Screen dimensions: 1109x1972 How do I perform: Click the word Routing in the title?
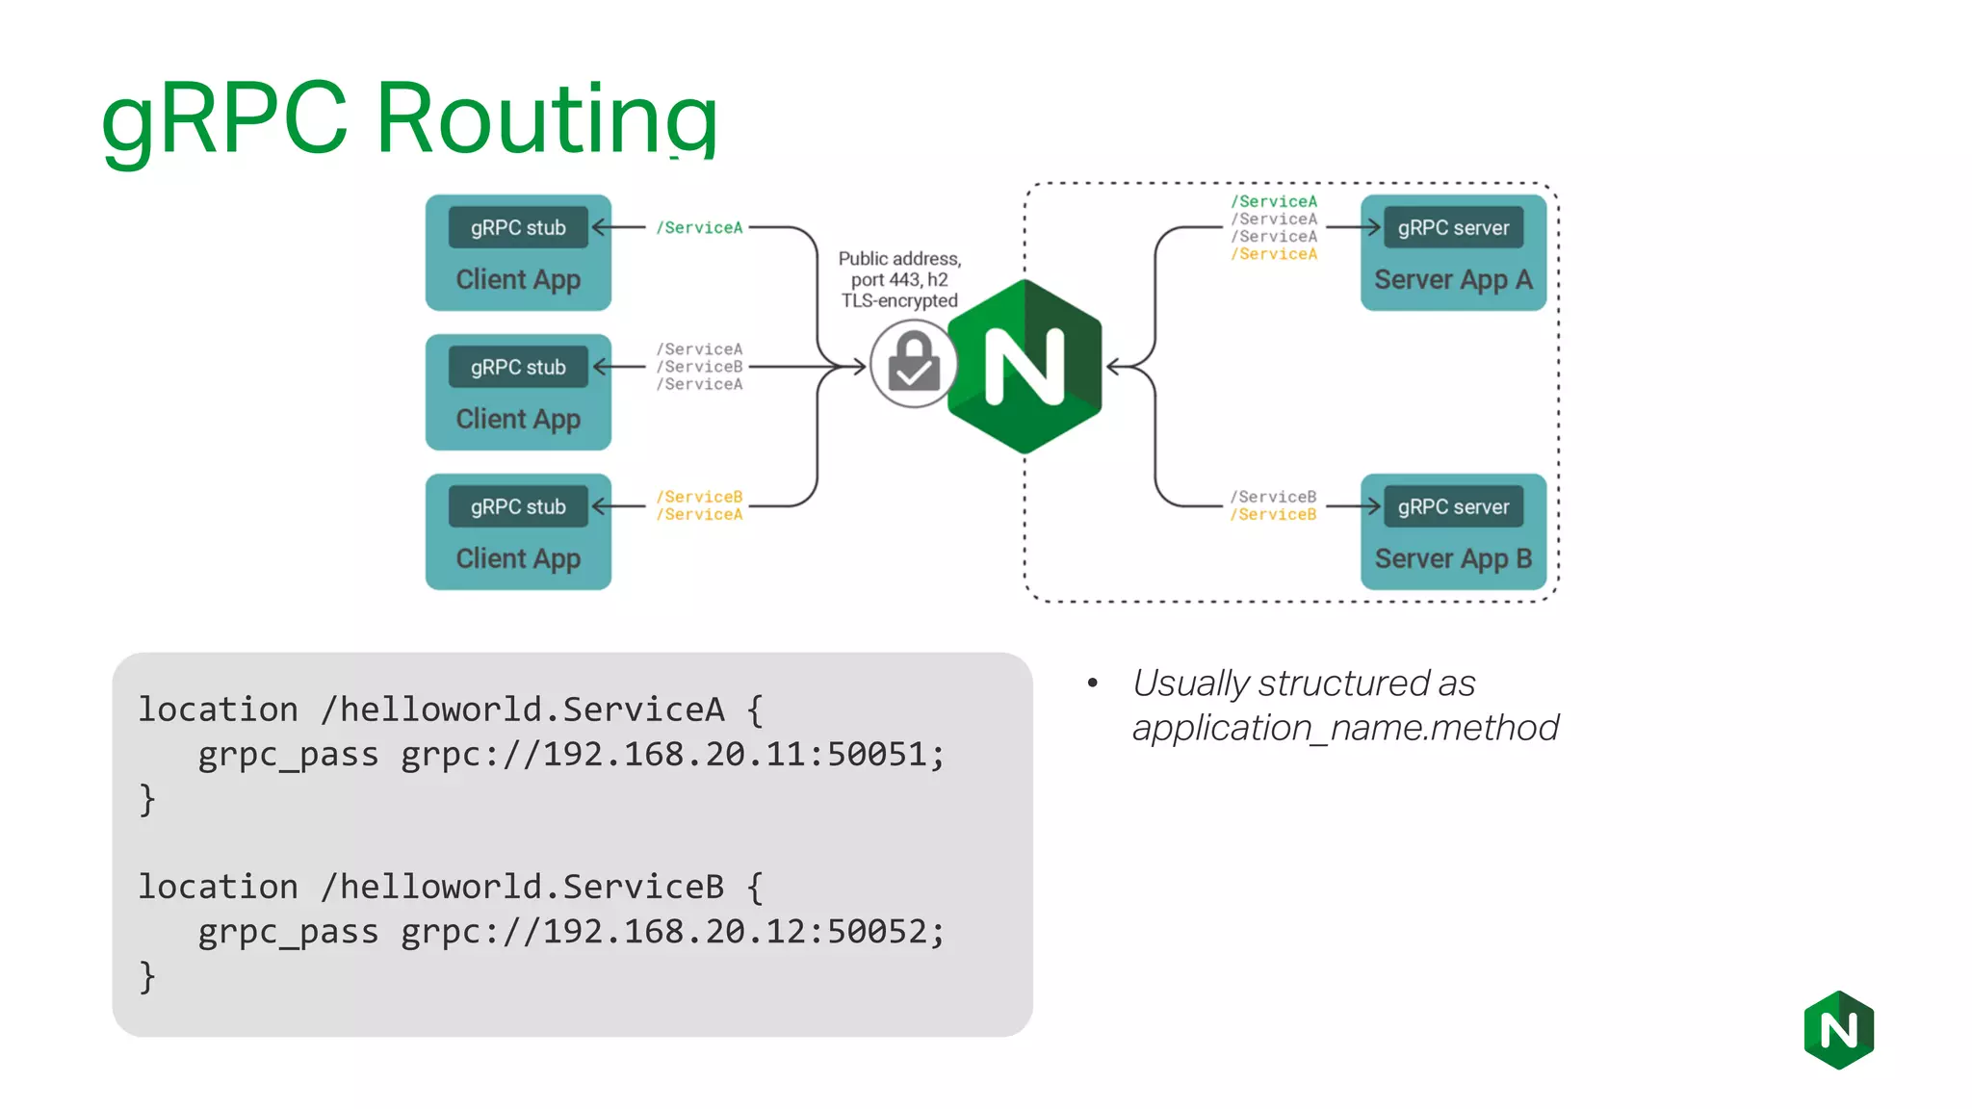point(546,118)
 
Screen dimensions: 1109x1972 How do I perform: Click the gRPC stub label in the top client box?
point(518,228)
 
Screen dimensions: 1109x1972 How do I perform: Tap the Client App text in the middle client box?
point(518,419)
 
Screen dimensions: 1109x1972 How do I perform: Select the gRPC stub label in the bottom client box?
point(518,507)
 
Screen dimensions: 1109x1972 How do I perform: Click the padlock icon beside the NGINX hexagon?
point(913,365)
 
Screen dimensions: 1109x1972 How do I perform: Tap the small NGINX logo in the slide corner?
point(1838,1030)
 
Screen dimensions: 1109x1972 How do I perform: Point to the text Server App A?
point(1452,280)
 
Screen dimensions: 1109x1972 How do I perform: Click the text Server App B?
point(1452,559)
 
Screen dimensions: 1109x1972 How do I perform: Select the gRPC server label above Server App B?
point(1453,507)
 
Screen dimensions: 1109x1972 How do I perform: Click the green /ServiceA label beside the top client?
point(699,228)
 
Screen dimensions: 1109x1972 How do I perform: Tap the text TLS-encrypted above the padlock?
point(899,301)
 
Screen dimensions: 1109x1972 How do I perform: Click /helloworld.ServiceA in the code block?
point(522,710)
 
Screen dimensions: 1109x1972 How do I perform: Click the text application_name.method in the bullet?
point(1344,729)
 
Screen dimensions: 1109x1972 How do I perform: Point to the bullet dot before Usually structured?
point(1092,683)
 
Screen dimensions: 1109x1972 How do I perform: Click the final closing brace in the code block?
point(147,977)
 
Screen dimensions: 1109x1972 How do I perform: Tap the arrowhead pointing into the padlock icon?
point(860,367)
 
